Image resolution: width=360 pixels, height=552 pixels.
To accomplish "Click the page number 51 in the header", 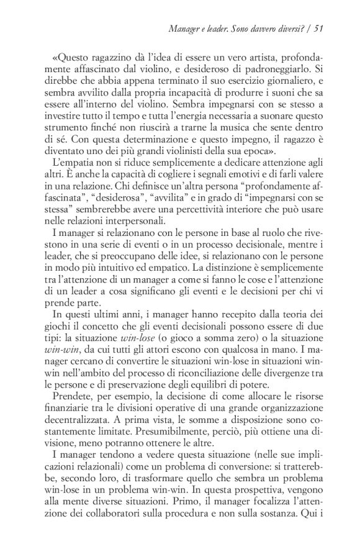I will (x=335, y=27).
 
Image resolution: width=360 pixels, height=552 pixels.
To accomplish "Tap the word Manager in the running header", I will (x=187, y=27).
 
